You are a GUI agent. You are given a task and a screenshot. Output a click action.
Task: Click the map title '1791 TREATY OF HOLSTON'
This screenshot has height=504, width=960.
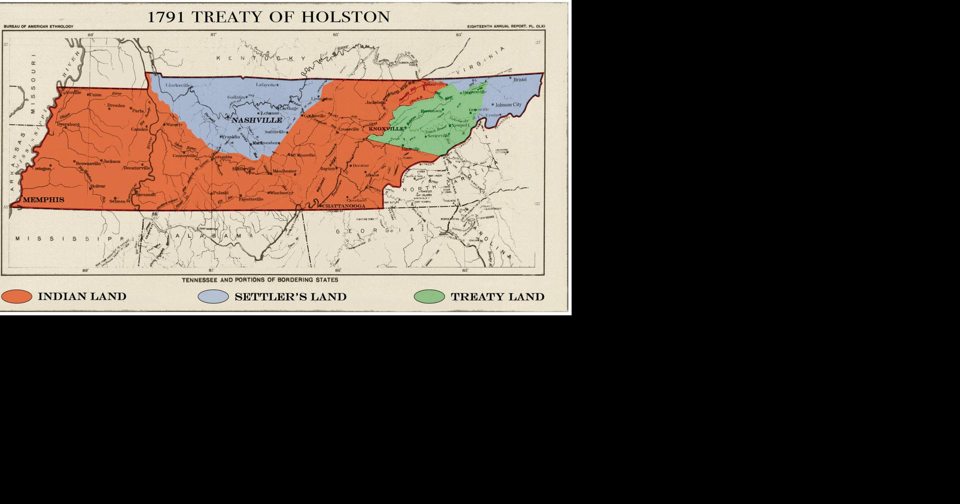(x=268, y=17)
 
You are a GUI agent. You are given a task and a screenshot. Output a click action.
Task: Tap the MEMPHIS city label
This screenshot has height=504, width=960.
(x=44, y=200)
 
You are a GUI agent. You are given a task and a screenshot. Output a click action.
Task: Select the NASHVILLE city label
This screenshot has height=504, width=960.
(x=257, y=120)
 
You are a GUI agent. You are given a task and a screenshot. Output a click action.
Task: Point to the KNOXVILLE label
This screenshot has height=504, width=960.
(x=386, y=129)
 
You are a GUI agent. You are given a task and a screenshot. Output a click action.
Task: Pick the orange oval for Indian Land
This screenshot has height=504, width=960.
(x=17, y=296)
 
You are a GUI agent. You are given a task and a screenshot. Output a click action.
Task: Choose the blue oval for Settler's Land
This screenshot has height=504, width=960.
(x=213, y=296)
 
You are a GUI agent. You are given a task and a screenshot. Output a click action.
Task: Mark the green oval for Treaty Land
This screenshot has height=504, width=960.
(x=429, y=296)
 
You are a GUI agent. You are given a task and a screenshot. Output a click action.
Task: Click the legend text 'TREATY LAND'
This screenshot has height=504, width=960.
(x=498, y=297)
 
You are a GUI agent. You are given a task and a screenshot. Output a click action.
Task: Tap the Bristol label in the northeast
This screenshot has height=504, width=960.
(x=520, y=80)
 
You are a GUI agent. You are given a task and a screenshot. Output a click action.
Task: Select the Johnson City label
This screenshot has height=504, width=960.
(x=508, y=105)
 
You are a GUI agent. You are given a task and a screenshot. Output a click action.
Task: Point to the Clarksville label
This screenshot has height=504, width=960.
(x=178, y=86)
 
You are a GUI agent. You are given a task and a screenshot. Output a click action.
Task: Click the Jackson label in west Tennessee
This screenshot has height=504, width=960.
(x=112, y=161)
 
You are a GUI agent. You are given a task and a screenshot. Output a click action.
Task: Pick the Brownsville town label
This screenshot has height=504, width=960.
(x=89, y=163)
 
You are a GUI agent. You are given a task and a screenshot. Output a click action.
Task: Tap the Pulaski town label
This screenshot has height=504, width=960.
(x=221, y=193)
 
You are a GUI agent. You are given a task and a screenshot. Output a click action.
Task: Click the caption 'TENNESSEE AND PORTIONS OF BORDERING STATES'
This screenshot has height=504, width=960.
(x=260, y=280)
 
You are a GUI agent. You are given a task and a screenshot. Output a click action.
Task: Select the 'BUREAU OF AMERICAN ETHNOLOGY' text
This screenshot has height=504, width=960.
(x=39, y=27)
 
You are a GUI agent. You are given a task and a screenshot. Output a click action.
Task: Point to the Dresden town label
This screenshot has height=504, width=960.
(x=116, y=106)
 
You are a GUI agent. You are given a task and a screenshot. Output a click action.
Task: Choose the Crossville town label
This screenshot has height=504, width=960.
(x=349, y=129)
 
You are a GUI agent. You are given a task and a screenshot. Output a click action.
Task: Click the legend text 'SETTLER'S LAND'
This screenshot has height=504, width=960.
(x=290, y=297)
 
